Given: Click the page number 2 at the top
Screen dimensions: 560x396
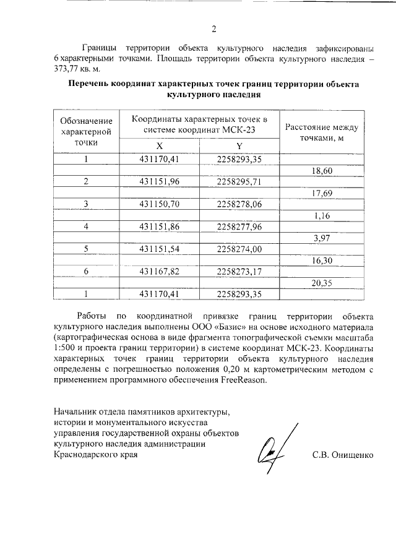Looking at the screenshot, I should click(x=213, y=29).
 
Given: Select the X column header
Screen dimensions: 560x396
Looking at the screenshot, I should click(x=159, y=145).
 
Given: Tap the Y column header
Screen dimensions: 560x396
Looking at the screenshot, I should click(x=239, y=145).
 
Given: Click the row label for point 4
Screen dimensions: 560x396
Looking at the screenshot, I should click(x=86, y=226).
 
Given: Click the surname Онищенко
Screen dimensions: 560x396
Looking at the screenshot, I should click(x=353, y=455).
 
